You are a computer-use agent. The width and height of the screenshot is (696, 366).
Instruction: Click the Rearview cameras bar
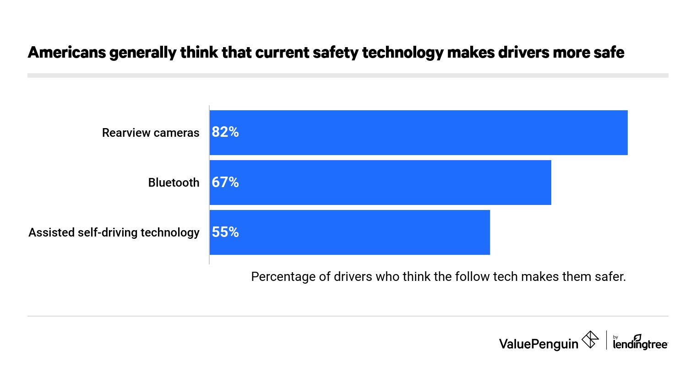point(418,133)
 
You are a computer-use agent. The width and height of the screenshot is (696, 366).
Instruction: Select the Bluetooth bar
point(380,183)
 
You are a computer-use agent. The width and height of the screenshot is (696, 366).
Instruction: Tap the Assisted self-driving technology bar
point(349,232)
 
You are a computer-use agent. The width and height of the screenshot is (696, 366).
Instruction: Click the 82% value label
point(225,132)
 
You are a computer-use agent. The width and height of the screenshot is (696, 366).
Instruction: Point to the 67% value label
point(225,183)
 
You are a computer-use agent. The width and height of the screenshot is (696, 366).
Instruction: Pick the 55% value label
point(225,232)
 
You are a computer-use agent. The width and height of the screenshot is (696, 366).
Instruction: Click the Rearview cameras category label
point(151,133)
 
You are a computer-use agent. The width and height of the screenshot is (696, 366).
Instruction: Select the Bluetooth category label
point(174,183)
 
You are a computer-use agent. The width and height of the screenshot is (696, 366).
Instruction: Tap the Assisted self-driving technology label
point(114,232)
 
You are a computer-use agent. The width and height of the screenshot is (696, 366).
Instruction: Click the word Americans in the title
point(67,53)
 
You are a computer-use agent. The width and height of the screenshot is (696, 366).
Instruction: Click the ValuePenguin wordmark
point(538,344)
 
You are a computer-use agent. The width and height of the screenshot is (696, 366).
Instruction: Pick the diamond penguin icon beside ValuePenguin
point(590,340)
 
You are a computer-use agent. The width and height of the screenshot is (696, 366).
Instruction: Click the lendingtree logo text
point(640,345)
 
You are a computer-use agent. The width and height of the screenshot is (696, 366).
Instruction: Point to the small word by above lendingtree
point(615,337)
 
